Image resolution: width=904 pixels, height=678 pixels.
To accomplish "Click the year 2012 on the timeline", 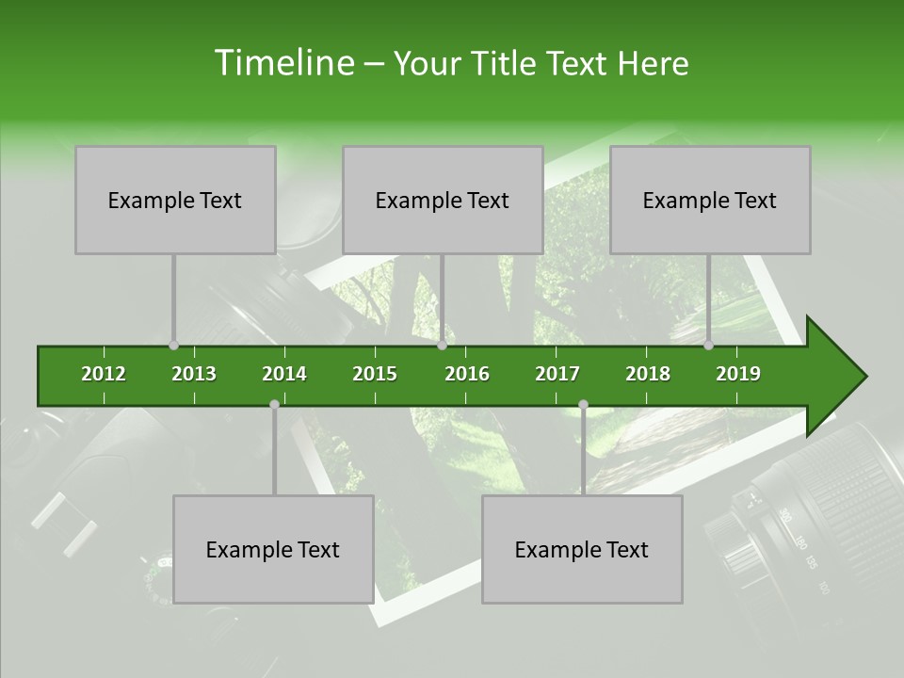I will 104,374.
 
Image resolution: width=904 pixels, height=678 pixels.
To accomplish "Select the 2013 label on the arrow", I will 194,374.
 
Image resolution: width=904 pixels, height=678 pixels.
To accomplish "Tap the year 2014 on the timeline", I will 284,374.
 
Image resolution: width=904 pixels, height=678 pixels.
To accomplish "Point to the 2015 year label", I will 375,374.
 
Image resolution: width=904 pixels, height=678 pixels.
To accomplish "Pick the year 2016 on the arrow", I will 467,374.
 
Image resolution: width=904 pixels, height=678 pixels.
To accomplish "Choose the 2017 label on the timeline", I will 557,374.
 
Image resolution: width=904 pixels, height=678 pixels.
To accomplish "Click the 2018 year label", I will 648,374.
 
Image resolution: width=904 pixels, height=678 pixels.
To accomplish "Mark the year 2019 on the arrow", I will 738,374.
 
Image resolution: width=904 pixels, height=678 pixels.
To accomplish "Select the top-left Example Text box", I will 175,200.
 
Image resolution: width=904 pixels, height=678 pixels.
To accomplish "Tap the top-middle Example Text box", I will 443,200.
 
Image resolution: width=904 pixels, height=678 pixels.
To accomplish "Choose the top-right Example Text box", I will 710,200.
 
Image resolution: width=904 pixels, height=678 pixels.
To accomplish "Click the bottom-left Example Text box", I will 273,549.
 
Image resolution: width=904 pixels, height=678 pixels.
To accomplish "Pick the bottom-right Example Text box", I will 582,549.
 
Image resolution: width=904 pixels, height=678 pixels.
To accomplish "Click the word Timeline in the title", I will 282,63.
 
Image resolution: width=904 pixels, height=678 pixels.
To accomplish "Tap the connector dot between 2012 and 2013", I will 173,346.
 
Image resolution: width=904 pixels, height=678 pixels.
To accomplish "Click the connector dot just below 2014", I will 274,404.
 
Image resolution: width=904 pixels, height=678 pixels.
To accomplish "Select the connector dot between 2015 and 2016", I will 442,346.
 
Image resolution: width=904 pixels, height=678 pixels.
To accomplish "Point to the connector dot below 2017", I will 583,404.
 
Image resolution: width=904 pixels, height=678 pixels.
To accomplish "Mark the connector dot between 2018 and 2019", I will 708,346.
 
